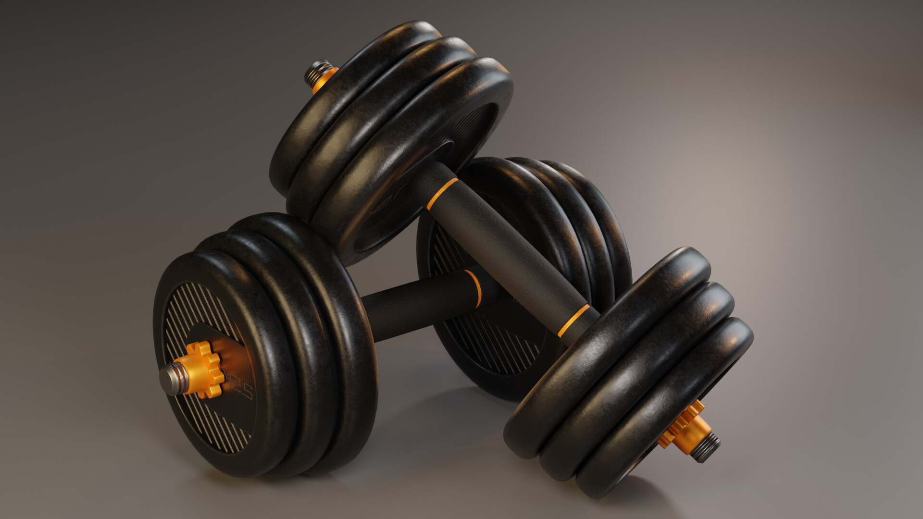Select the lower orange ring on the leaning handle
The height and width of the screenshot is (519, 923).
coord(574,320)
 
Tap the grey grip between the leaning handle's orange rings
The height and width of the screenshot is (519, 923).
coord(505,255)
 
